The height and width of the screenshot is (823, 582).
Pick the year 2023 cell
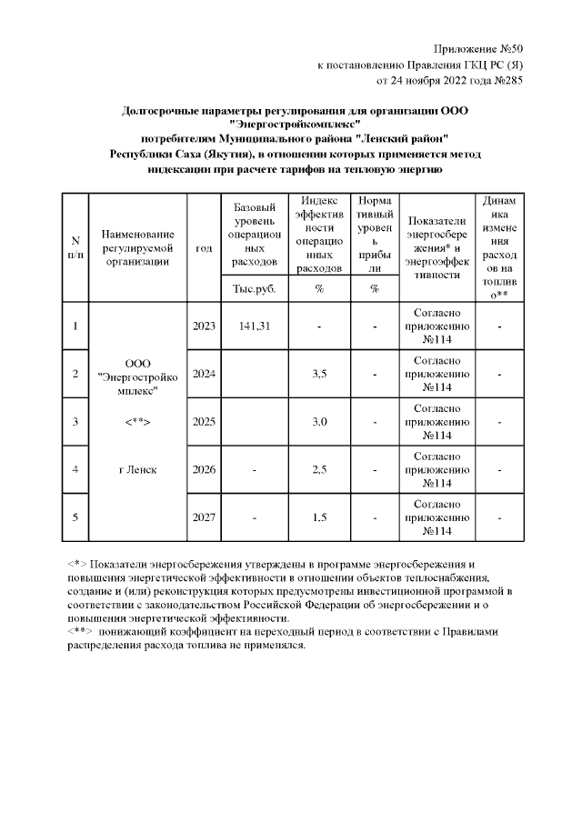coord(205,326)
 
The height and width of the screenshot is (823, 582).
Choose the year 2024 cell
coord(205,374)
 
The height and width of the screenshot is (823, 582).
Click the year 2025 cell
coord(205,421)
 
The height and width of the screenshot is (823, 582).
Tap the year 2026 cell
coord(205,469)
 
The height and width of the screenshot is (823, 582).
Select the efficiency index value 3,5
coord(319,374)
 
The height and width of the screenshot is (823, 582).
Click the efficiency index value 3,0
coord(319,421)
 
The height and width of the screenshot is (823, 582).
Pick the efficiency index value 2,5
coord(319,469)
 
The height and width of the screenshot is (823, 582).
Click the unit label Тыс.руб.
coord(255,289)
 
